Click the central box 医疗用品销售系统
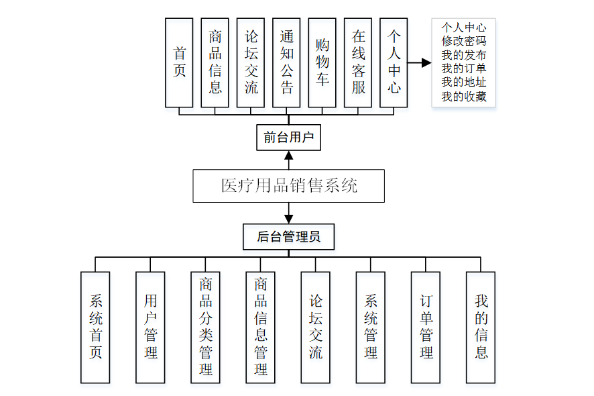click(288, 186)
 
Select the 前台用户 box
click(288, 138)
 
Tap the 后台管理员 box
click(288, 237)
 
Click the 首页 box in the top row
click(179, 62)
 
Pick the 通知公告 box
click(287, 62)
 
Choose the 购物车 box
click(322, 62)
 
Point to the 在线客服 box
click(359, 62)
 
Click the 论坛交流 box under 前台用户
click(251, 62)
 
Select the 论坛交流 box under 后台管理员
click(315, 327)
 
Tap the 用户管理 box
click(150, 327)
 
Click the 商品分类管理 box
click(205, 327)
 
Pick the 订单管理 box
click(426, 327)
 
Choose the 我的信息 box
click(481, 327)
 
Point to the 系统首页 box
click(95, 327)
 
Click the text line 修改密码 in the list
click(463, 41)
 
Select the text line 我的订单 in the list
click(463, 69)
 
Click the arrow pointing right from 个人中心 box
click(420, 63)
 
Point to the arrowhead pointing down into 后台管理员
click(289, 218)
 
